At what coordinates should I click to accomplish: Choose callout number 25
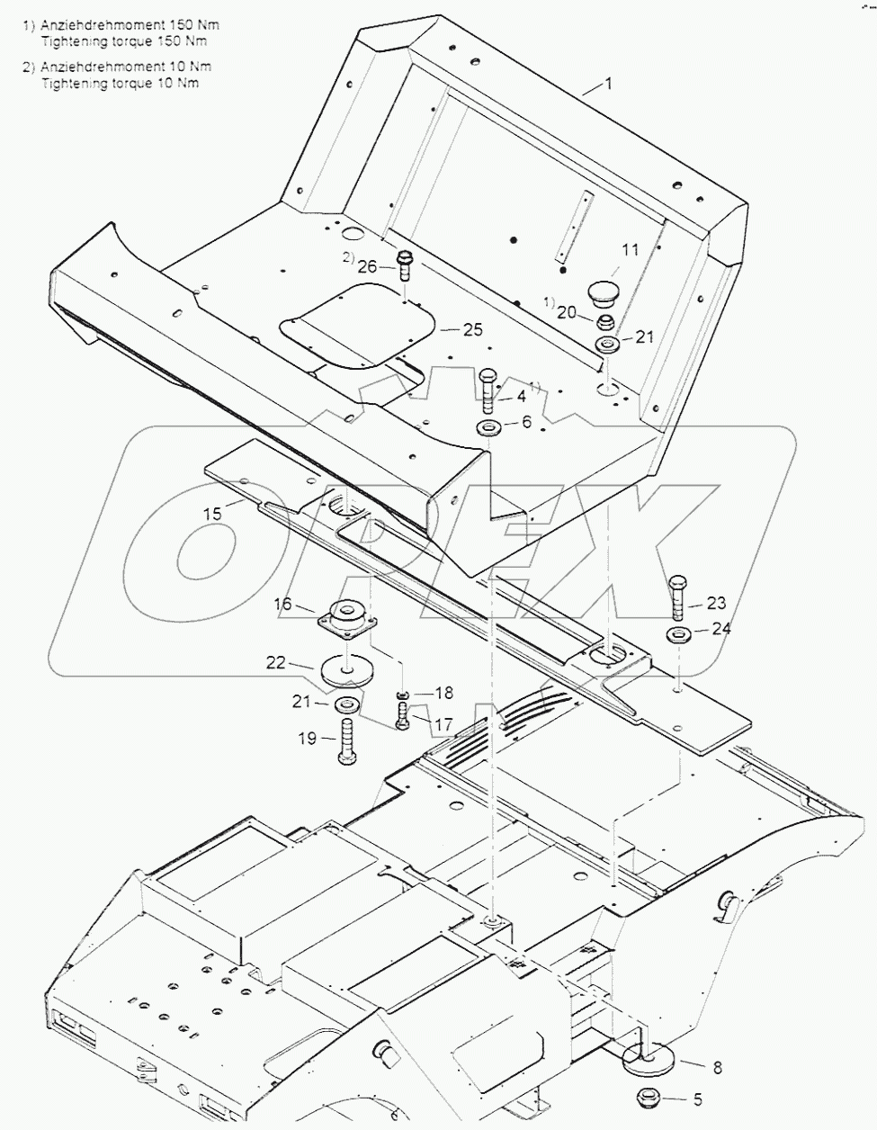473,330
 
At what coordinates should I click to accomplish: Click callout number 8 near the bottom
717,1068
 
